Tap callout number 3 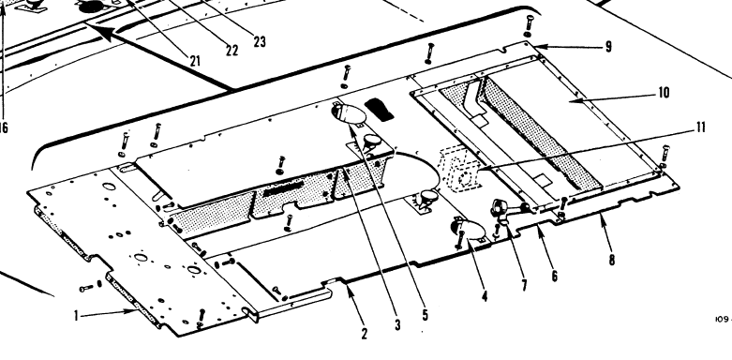click(x=396, y=325)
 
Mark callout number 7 click(x=524, y=284)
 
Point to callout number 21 click(x=195, y=61)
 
